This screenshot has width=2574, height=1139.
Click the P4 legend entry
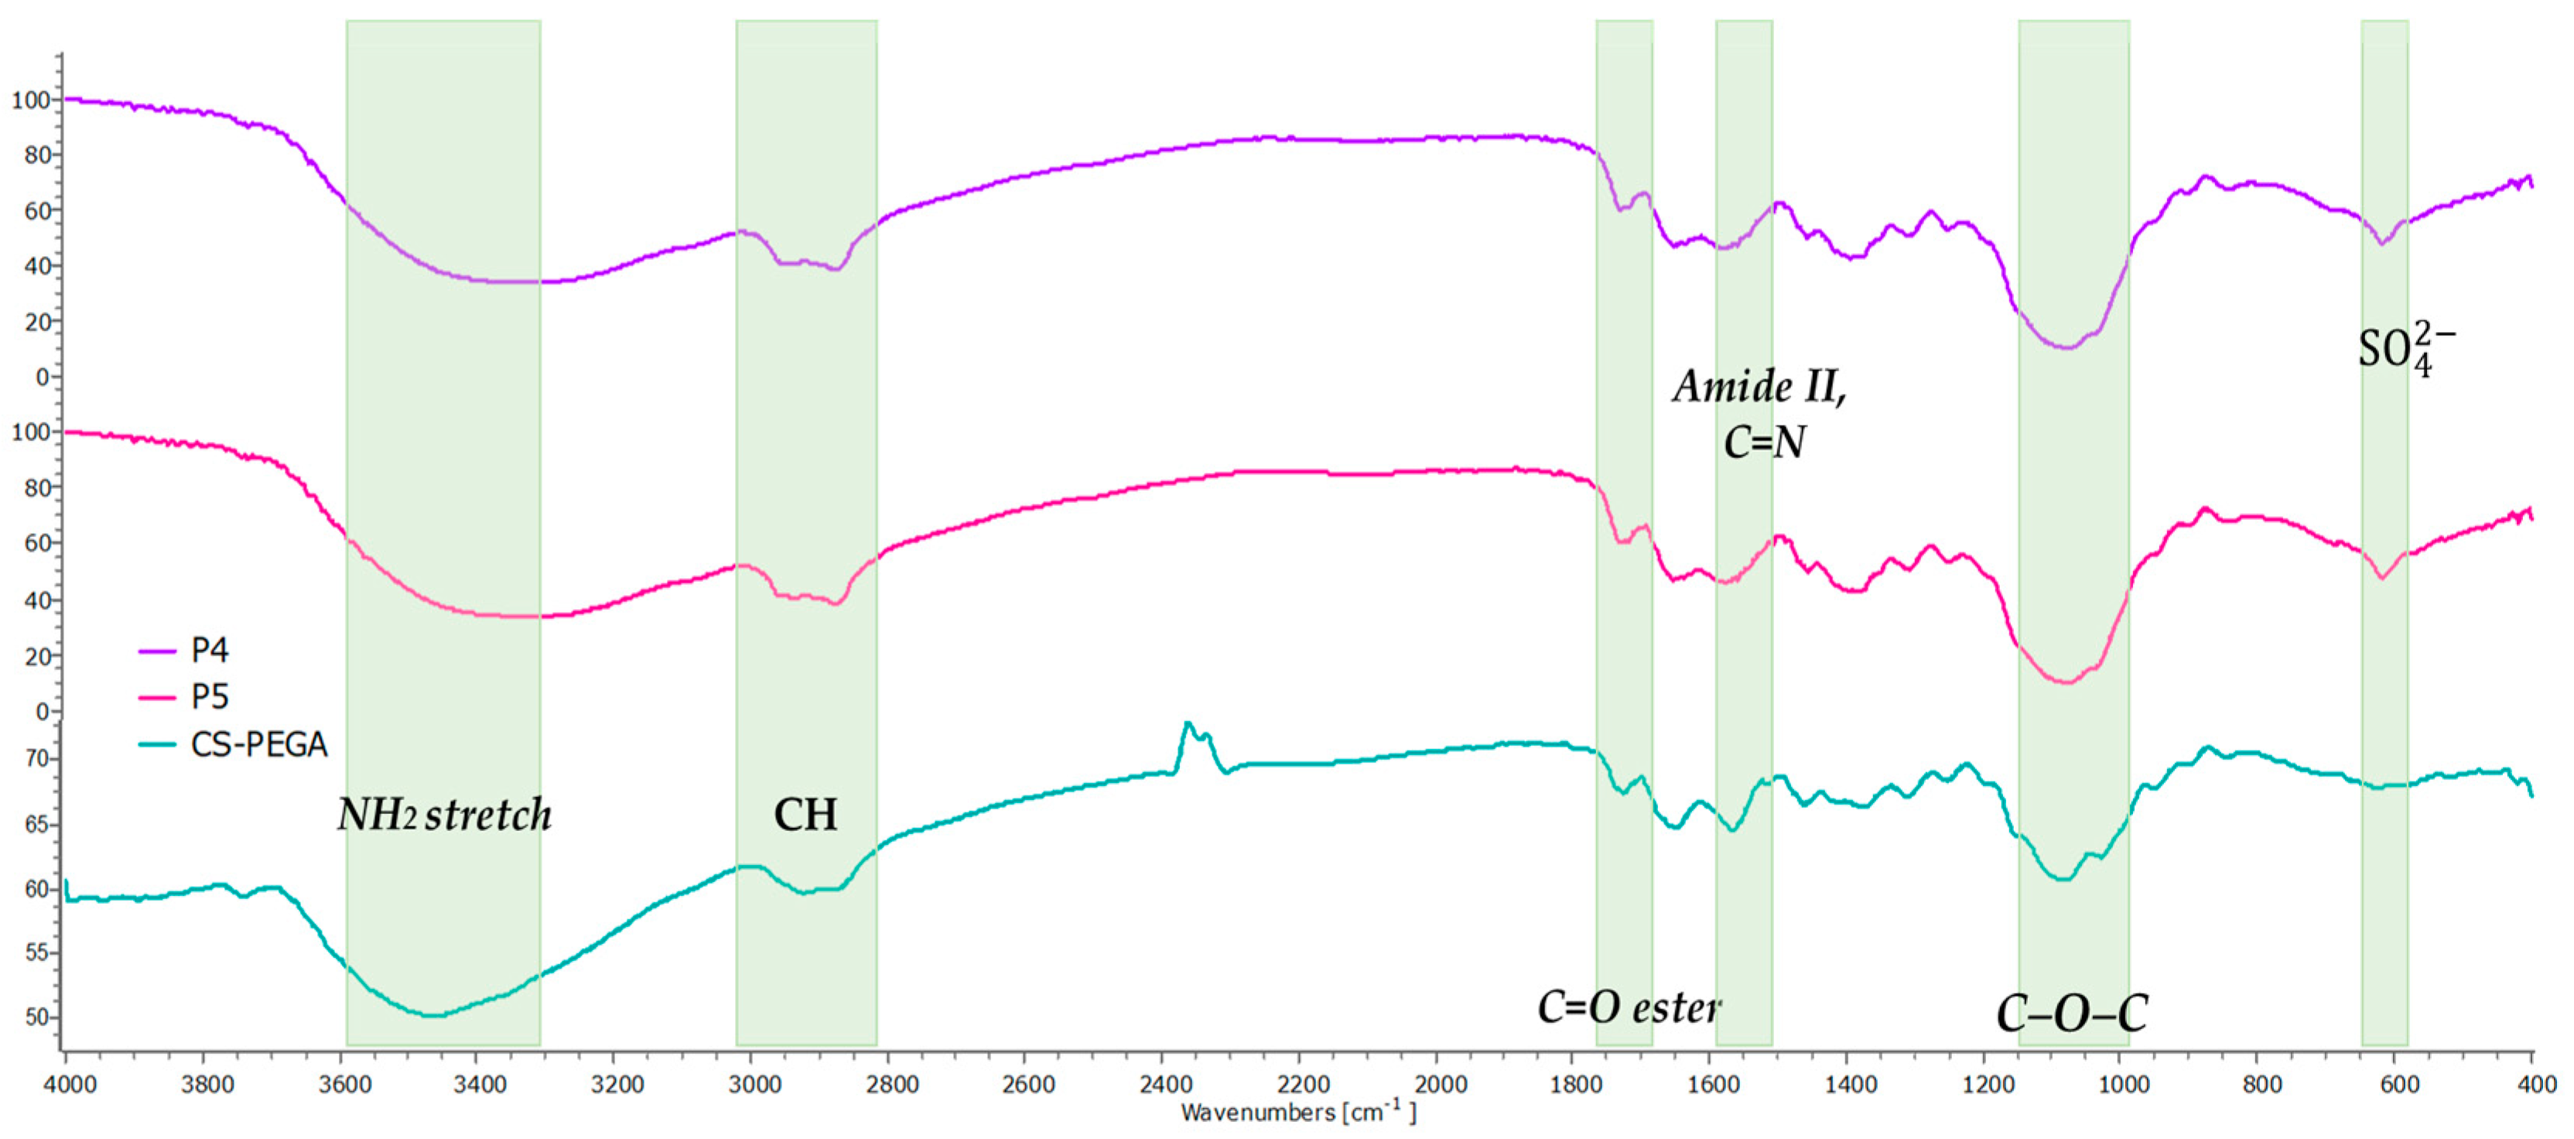pyautogui.click(x=209, y=651)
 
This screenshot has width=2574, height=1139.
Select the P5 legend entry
pyautogui.click(x=209, y=696)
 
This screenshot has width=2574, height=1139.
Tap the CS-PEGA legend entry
pyautogui.click(x=258, y=744)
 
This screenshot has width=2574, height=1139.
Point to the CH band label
pyautogui.click(x=805, y=814)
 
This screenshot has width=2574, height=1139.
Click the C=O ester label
pyautogui.click(x=1629, y=1007)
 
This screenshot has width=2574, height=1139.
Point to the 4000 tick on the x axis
pyautogui.click(x=68, y=1084)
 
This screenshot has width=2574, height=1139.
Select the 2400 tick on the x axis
pyautogui.click(x=1165, y=1084)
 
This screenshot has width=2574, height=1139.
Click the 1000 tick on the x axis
pyautogui.click(x=2125, y=1084)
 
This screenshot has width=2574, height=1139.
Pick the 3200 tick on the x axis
pyautogui.click(x=617, y=1084)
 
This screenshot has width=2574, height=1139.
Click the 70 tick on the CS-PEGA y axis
pyautogui.click(x=36, y=758)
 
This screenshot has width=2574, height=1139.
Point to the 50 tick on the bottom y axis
pyautogui.click(x=36, y=1017)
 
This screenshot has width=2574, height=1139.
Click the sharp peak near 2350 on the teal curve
pyautogui.click(x=1187, y=723)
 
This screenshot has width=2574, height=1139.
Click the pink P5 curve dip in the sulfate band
pyautogui.click(x=2383, y=577)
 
